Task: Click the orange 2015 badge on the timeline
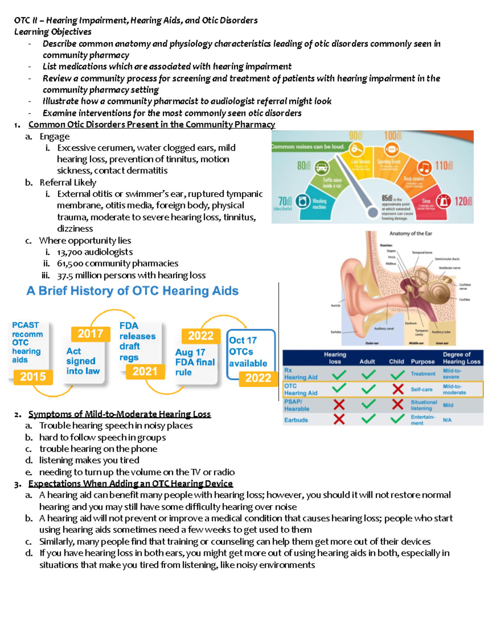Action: coord(33,377)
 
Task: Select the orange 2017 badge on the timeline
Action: coord(90,334)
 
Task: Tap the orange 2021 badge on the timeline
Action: coord(145,371)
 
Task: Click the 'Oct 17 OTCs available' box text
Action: coord(248,352)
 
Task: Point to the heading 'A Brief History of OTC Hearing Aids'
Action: coord(132,291)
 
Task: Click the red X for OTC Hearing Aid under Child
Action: coord(398,389)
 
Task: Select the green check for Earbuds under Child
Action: coord(398,419)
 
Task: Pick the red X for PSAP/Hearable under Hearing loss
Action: coord(339,405)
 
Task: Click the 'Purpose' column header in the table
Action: coord(422,362)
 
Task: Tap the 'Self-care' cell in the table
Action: coord(421,389)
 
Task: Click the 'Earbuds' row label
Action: coord(296,420)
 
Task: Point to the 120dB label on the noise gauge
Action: coord(463,201)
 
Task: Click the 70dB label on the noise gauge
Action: coord(285,201)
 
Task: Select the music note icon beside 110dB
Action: coord(424,167)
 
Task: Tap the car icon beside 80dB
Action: coord(321,167)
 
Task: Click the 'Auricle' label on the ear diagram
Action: coord(335,306)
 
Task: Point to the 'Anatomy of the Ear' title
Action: coord(410,233)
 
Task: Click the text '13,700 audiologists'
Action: coord(95,252)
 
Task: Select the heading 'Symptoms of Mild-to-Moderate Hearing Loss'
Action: coord(119,414)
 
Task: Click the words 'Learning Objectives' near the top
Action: coord(53,32)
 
